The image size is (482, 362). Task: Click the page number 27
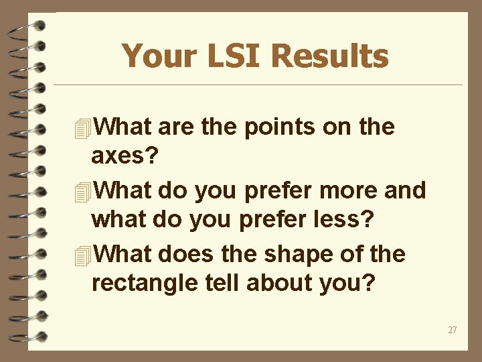(453, 330)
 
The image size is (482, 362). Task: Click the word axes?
(125, 156)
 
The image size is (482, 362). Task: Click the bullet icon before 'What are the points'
(82, 128)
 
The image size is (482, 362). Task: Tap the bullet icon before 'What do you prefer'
(82, 192)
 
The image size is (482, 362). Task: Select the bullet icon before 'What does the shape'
(82, 255)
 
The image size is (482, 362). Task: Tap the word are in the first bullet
(175, 127)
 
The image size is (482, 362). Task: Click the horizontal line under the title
(258, 85)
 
